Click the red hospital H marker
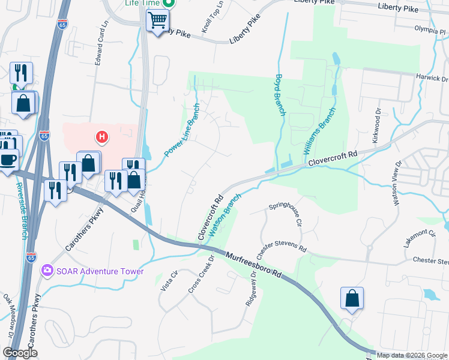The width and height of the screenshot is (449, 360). click(102, 137)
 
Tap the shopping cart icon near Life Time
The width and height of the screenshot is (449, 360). click(158, 21)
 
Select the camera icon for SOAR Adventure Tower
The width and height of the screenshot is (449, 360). click(47, 271)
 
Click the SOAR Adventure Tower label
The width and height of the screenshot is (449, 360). click(100, 271)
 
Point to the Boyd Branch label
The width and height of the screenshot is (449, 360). click(279, 95)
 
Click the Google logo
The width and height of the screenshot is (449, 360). click(20, 353)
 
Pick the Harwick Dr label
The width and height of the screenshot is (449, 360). click(433, 79)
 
